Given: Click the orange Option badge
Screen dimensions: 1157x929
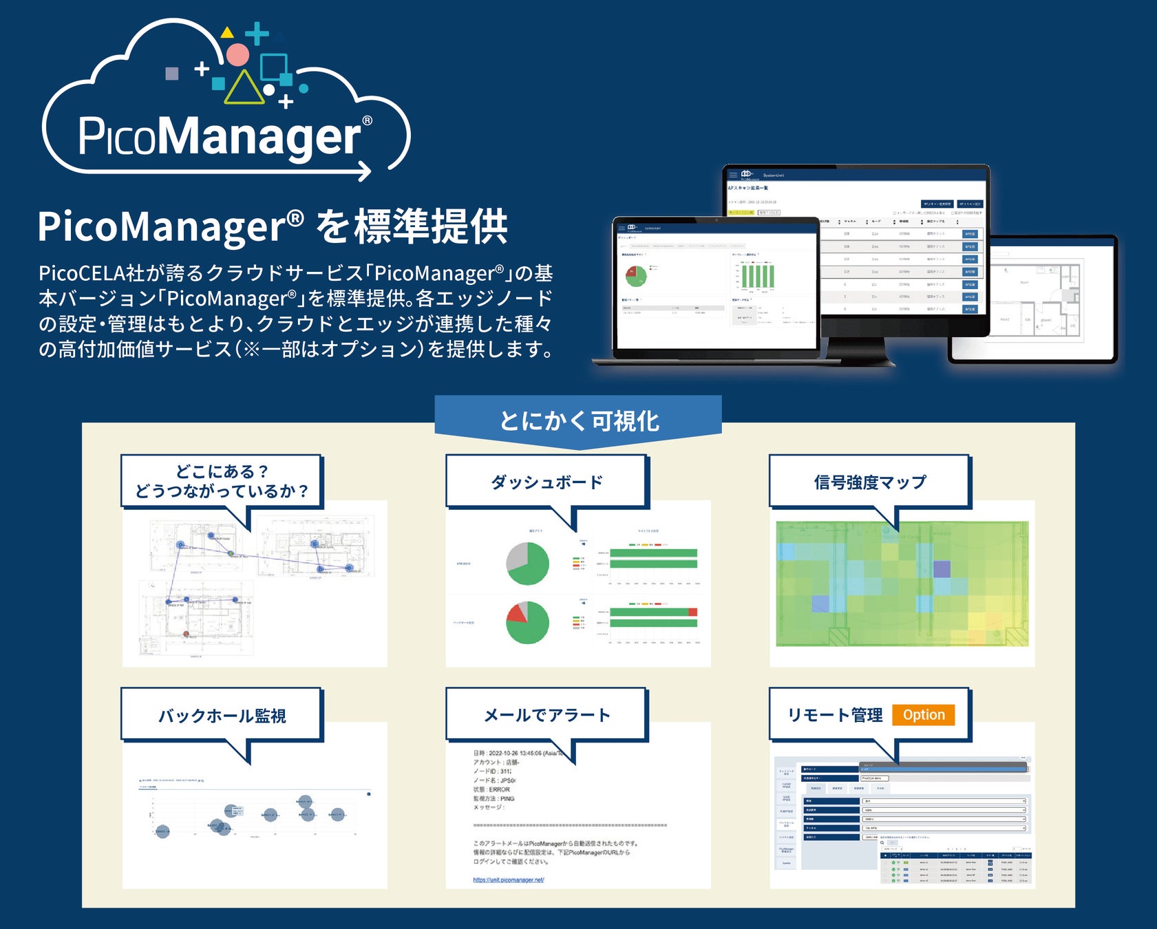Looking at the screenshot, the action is (924, 715).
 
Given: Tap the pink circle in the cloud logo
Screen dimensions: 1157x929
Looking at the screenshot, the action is (237, 55).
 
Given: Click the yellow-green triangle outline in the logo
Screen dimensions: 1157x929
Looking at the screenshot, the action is (244, 88).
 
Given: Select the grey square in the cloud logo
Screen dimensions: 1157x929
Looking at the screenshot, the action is (172, 74).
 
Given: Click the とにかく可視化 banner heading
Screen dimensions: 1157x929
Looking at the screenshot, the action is (579, 421).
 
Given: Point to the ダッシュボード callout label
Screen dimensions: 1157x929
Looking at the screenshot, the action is (546, 482).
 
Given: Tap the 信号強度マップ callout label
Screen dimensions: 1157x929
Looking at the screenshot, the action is (870, 482).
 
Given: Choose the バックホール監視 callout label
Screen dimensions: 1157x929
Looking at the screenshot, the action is (222, 716).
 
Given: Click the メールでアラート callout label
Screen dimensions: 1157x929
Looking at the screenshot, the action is (546, 715).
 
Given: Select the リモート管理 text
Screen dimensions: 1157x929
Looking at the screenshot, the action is (835, 715).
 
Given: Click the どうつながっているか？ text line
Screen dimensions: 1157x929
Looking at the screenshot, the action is (222, 491).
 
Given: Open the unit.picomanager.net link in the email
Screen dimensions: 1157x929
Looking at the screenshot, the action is (509, 879).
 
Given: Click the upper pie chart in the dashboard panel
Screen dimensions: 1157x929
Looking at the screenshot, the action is (528, 563).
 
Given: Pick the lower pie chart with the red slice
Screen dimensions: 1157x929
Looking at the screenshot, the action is (528, 623).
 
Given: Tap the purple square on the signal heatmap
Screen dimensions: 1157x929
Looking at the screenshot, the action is (942, 569).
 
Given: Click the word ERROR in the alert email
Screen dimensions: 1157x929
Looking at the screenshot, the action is (500, 789).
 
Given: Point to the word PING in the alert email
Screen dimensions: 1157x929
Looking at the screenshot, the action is (507, 798).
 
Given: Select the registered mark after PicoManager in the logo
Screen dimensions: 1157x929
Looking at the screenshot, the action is (367, 121).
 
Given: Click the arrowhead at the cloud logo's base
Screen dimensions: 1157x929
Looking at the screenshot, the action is (365, 170).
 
